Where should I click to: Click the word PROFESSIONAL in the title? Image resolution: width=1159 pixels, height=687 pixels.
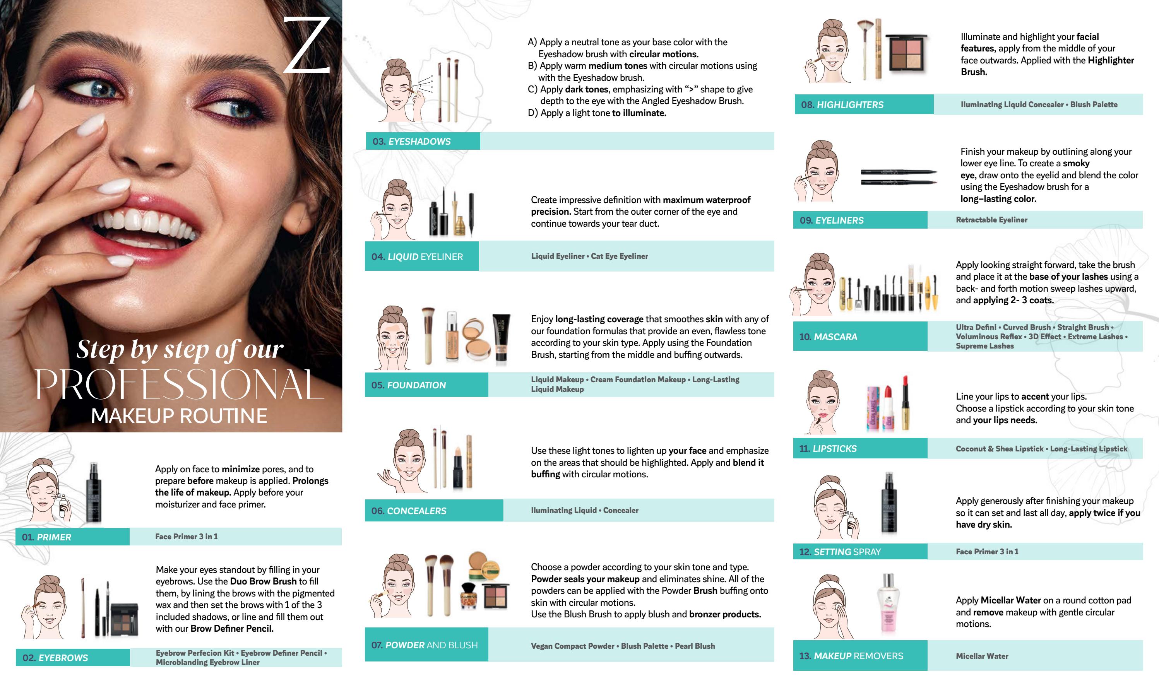click(x=180, y=385)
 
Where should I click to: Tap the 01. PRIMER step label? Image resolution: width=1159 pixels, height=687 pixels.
click(x=46, y=537)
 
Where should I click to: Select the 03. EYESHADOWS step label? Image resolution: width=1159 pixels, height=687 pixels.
click(x=411, y=141)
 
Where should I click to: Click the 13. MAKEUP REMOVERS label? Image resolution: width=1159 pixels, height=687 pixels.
click(x=851, y=656)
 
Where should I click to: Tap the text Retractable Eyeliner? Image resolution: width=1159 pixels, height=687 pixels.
click(x=991, y=220)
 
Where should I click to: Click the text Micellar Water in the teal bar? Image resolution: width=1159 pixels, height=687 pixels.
click(x=982, y=656)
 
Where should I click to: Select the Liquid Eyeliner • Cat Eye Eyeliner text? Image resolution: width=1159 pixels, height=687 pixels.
click(x=589, y=256)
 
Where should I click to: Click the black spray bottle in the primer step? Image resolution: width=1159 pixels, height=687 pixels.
click(x=94, y=493)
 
